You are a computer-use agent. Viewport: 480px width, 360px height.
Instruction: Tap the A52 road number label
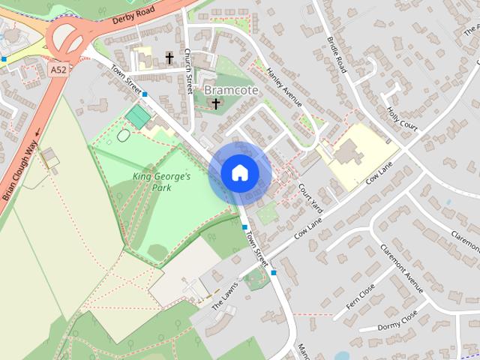coord(59,69)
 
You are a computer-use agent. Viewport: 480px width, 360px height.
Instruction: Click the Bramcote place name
coord(231,90)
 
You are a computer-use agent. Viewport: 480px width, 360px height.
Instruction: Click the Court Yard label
coord(310,196)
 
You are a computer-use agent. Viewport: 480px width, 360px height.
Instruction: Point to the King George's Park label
coord(162,181)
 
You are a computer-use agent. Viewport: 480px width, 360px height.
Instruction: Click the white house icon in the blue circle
coord(239,173)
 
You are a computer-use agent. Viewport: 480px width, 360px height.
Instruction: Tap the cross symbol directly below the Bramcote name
coord(216,103)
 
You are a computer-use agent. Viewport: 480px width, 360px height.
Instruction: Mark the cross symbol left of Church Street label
coord(169,57)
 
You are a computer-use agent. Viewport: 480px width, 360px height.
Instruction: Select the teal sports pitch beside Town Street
coord(138,116)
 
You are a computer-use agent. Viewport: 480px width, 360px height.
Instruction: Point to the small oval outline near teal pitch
coord(123,136)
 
